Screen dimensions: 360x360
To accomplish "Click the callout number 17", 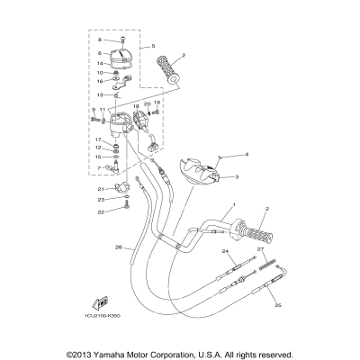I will [97, 139].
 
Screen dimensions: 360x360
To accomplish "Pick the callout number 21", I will [102, 188].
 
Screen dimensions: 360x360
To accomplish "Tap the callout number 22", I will [102, 211].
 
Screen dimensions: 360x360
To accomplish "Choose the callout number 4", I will [246, 155].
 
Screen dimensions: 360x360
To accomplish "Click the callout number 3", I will [236, 177].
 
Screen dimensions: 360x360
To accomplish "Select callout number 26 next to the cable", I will [118, 247].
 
